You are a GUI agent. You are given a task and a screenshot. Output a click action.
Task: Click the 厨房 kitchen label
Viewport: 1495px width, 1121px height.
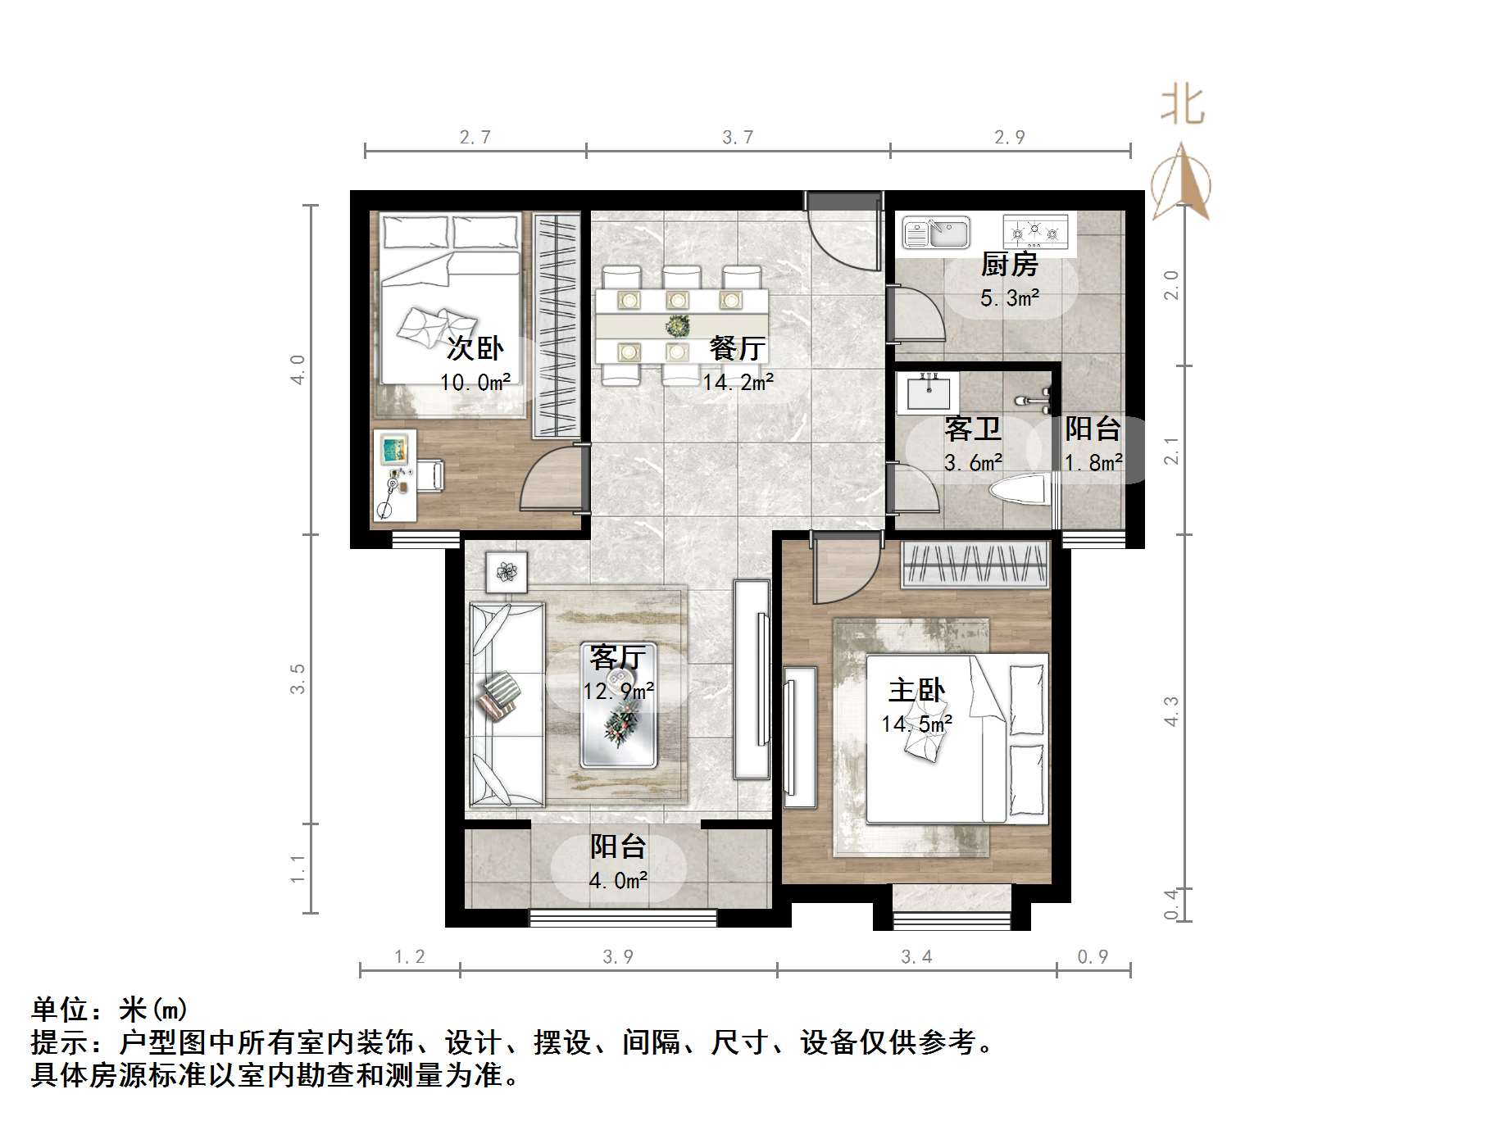coord(1009,265)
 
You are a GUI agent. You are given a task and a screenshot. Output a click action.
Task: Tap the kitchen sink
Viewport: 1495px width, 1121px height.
coord(935,232)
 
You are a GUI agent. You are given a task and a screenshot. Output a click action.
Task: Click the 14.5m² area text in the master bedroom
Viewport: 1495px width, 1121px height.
coord(916,724)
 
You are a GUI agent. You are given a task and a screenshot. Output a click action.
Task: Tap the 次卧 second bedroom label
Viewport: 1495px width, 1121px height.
coord(475,348)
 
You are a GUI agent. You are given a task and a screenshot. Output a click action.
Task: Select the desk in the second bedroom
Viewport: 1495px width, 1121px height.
coord(395,475)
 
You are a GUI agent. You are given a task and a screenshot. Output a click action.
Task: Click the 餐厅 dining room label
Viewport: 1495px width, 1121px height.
coord(738,348)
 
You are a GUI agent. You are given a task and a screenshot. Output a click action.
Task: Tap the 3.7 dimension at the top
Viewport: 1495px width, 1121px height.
coord(738,138)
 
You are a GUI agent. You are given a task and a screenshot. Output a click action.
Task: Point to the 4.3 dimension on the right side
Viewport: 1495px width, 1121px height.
coord(1171,710)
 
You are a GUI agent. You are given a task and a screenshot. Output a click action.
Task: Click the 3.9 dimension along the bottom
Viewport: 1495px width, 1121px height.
coord(618,957)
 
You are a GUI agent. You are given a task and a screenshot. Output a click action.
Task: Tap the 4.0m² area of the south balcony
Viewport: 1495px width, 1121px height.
coord(618,881)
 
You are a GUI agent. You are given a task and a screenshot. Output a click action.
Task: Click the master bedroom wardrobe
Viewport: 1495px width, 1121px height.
coord(975,565)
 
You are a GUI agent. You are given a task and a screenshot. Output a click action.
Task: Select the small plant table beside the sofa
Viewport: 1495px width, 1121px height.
coord(506,571)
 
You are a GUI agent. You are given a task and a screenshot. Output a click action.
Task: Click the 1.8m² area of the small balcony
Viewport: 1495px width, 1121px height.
coord(1093,463)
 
